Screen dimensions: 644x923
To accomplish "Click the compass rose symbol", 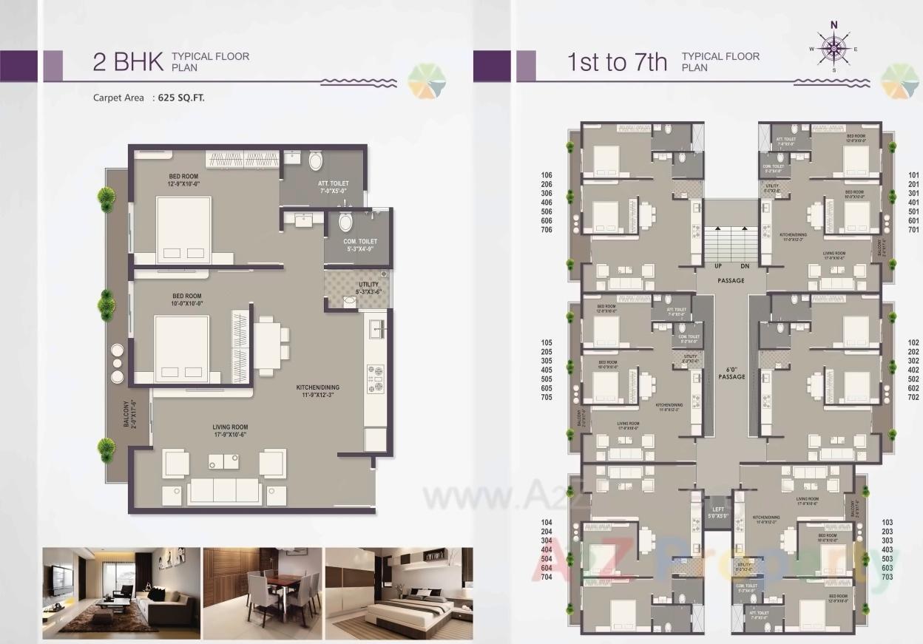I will [834, 48].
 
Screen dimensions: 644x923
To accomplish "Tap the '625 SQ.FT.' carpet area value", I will [181, 98].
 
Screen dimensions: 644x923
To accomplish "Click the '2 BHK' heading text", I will [127, 62].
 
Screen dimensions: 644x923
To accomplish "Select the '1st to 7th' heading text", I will [617, 62].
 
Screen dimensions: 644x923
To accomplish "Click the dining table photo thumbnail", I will [262, 593].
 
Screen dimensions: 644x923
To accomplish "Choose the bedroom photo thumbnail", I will [399, 593].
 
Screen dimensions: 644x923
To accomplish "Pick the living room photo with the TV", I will [121, 593].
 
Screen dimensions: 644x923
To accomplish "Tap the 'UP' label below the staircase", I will [717, 266].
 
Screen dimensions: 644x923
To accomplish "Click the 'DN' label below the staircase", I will [745, 266].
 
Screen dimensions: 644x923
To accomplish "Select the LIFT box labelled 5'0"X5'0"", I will [717, 512].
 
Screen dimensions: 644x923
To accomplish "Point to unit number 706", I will [547, 230].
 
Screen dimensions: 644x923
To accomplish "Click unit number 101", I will [913, 175].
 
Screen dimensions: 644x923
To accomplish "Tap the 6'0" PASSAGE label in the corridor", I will [731, 373].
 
